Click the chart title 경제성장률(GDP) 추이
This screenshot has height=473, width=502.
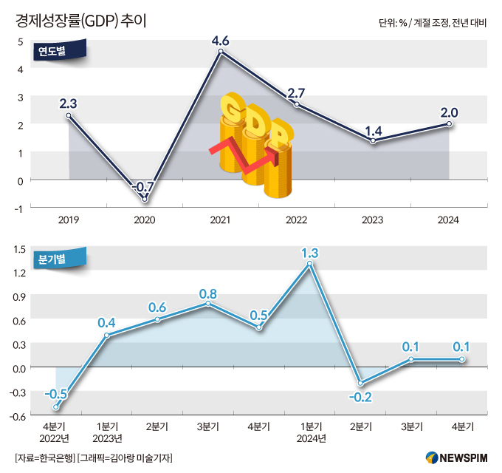[81, 20]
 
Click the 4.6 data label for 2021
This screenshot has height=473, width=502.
[221, 40]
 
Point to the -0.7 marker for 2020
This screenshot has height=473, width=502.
[145, 200]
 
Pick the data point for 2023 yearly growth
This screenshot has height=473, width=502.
[373, 140]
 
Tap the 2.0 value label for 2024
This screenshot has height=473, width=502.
[449, 112]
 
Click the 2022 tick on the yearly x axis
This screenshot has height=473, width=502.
[296, 220]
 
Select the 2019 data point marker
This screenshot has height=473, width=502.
[69, 115]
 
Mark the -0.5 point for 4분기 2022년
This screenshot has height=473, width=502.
[56, 406]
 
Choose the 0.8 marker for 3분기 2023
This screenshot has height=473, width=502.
[208, 303]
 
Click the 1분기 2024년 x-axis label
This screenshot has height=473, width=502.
[310, 432]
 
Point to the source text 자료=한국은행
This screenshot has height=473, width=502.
[44, 458]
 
